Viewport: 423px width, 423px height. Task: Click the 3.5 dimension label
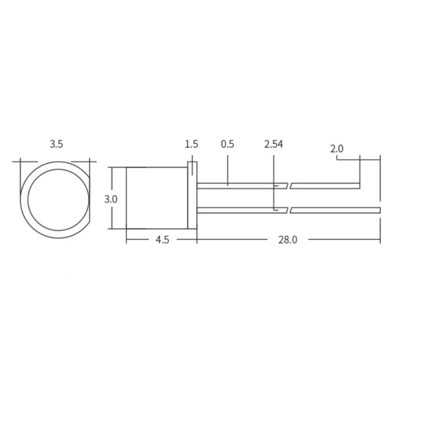[56, 144]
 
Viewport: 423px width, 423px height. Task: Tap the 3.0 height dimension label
[111, 199]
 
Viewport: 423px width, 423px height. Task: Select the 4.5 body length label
[162, 239]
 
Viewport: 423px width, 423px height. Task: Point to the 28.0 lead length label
[288, 239]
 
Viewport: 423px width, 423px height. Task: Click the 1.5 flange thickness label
[192, 144]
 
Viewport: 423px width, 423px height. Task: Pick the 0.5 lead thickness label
[228, 144]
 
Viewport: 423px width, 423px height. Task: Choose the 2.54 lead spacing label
[274, 144]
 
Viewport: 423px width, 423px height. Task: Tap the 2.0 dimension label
[337, 148]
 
